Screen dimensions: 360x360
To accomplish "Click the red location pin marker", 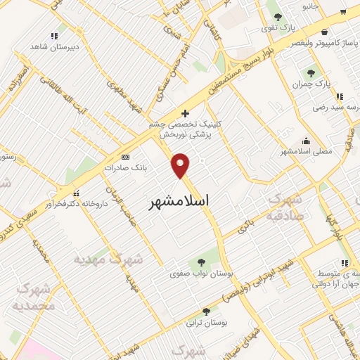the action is point(181,165).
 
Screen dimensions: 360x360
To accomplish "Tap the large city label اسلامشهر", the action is point(180,202).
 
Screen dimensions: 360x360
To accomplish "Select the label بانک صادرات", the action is point(123,168).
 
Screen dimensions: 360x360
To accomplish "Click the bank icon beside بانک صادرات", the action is point(125,157).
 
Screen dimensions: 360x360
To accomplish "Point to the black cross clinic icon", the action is point(185,112).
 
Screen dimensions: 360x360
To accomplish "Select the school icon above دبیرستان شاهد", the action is point(54,36).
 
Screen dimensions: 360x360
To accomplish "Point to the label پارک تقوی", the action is point(279,27).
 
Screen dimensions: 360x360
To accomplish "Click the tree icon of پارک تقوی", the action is point(278,16).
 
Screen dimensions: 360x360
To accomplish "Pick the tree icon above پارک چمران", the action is point(310,73).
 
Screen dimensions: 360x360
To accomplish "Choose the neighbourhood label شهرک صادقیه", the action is point(288,207).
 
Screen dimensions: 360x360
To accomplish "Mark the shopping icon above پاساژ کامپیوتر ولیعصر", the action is point(323,32).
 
